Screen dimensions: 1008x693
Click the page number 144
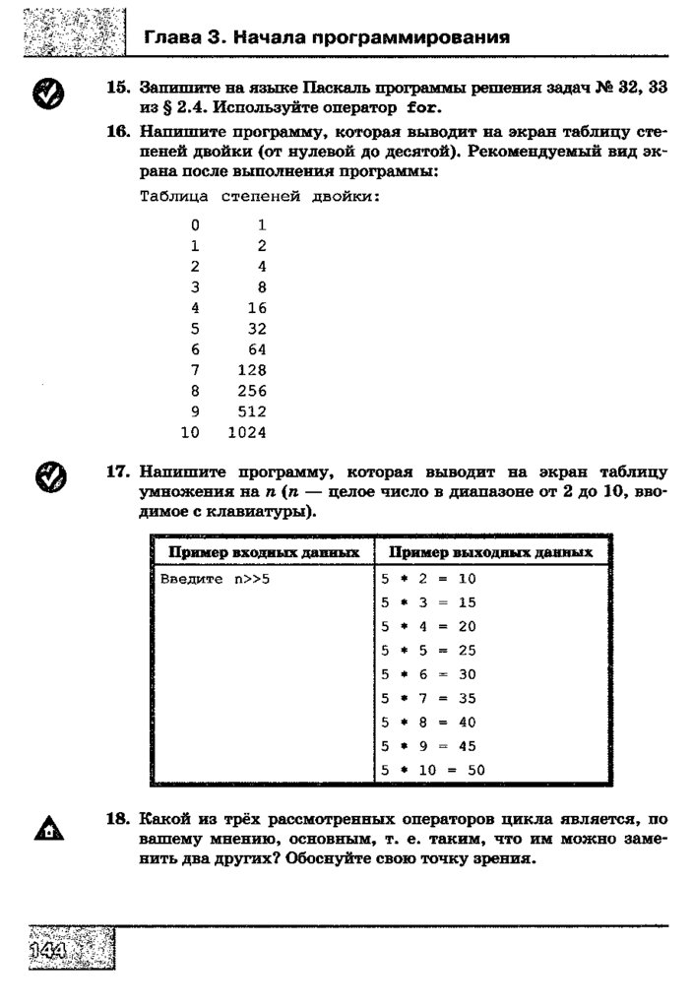pyautogui.click(x=47, y=951)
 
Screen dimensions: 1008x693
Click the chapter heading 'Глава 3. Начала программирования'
pyautogui.click(x=327, y=38)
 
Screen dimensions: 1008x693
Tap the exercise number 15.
pyautogui.click(x=118, y=88)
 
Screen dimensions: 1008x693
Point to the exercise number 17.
pyautogui.click(x=118, y=472)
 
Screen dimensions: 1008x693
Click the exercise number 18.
pyautogui.click(x=118, y=818)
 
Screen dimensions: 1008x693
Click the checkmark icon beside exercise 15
pyautogui.click(x=48, y=94)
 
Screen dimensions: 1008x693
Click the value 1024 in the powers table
pyautogui.click(x=247, y=432)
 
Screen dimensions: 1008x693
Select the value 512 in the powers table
pyautogui.click(x=252, y=411)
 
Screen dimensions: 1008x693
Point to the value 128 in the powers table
pyautogui.click(x=252, y=370)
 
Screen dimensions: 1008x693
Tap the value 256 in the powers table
pyautogui.click(x=252, y=391)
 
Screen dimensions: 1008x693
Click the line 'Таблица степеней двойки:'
pyautogui.click(x=259, y=196)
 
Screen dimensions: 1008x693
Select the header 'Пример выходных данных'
pyautogui.click(x=491, y=552)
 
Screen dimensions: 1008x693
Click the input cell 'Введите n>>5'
pyautogui.click(x=215, y=579)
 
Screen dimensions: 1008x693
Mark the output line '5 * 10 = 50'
pyautogui.click(x=434, y=771)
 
